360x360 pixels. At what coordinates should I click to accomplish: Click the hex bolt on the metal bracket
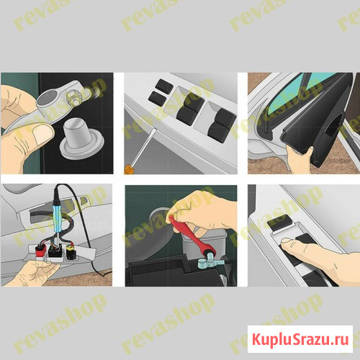(74, 97)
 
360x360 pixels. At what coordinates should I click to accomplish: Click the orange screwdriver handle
(127, 168)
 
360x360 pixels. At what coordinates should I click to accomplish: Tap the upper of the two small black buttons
(164, 85)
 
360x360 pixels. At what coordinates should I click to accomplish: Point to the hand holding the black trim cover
(300, 160)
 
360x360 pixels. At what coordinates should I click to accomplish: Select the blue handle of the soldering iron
(59, 217)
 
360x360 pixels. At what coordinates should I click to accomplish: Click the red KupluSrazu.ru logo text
(300, 339)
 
